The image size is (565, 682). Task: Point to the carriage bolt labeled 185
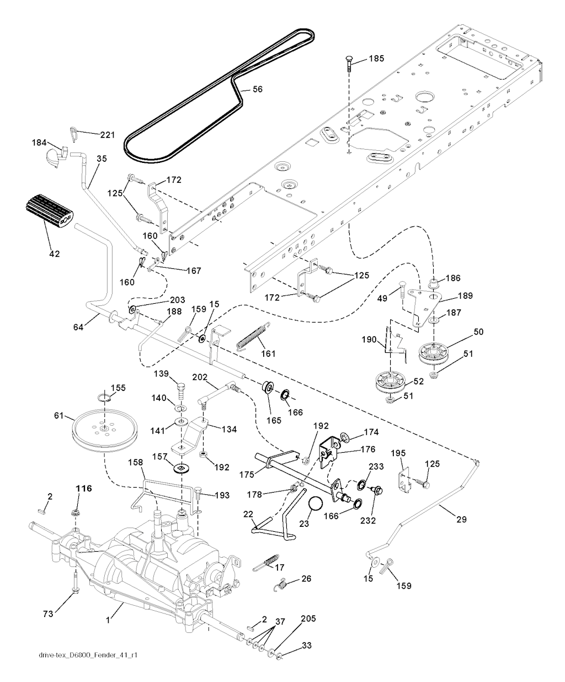[349, 65]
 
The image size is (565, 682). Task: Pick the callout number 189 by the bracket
[466, 296]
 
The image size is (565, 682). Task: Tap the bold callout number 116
[84, 488]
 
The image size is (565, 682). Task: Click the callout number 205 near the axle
[308, 619]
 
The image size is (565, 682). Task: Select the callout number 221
[108, 135]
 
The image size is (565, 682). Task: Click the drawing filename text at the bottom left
[88, 655]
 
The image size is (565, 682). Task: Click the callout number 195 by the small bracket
[398, 453]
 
